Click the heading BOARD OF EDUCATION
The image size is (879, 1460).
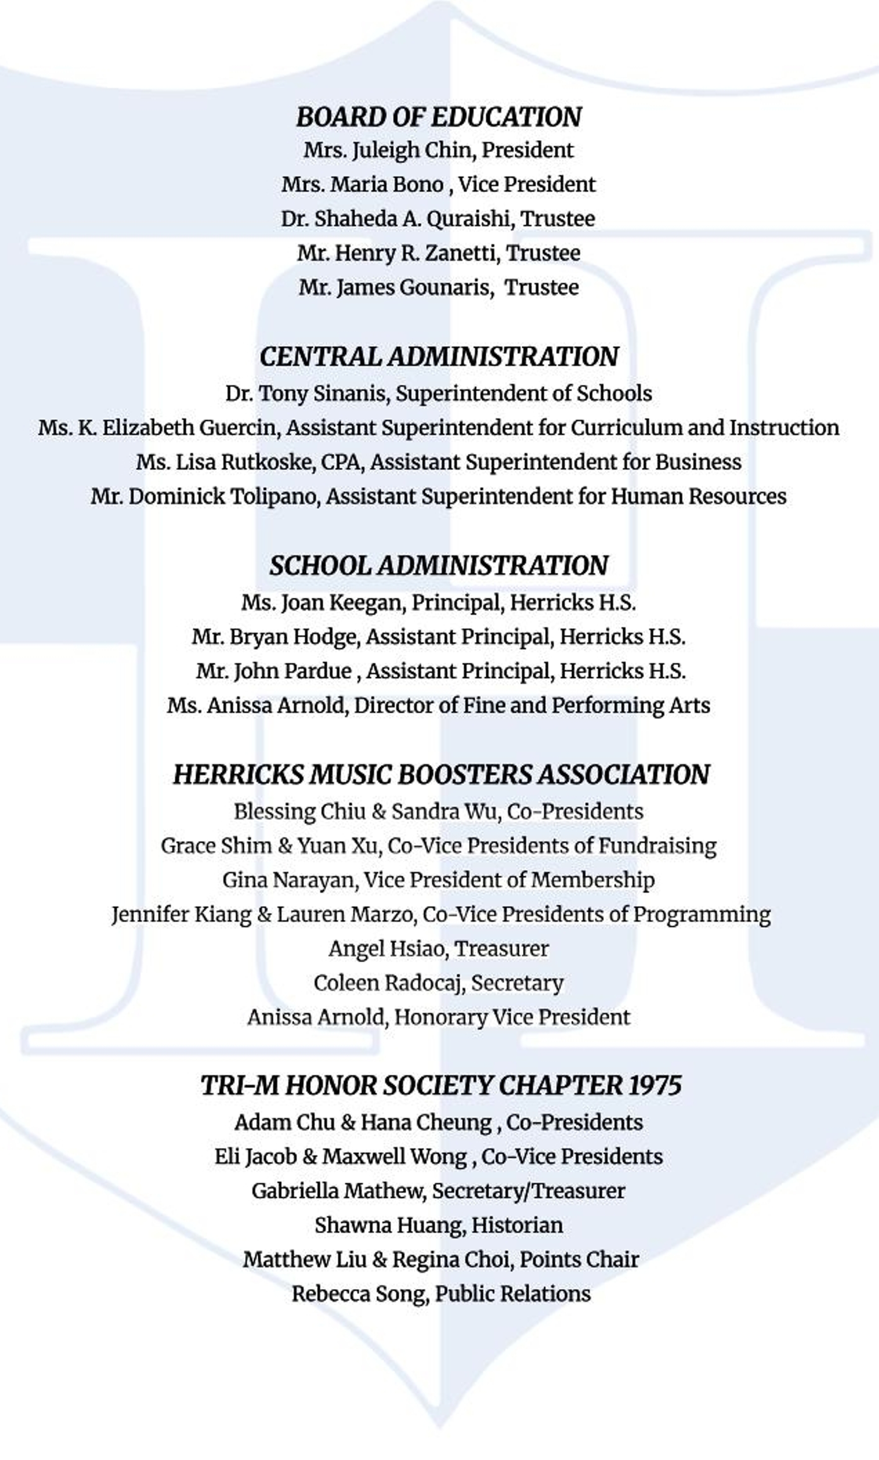click(439, 117)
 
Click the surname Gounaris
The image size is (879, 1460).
click(444, 288)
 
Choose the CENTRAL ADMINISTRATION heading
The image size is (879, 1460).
click(439, 357)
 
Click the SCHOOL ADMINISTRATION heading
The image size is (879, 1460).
click(439, 565)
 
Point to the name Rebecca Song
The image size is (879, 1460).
click(359, 1294)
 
